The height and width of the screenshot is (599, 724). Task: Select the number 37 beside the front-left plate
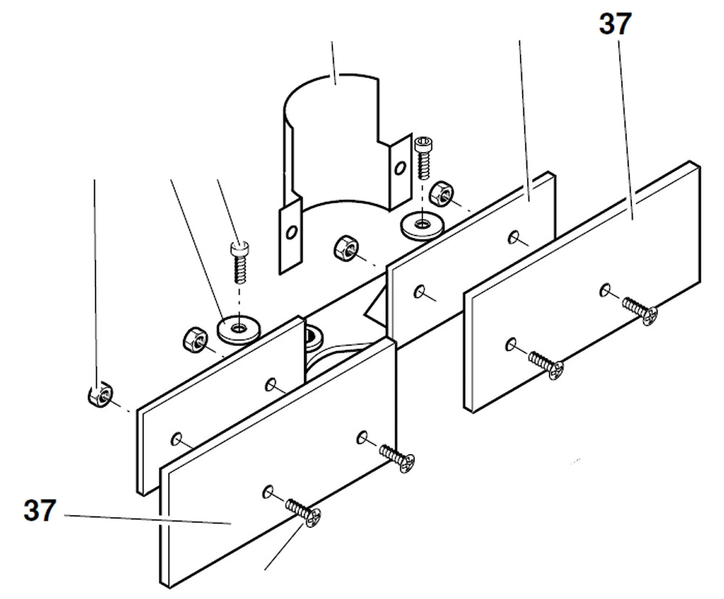point(39,511)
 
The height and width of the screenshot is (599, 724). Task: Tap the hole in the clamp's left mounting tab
point(291,233)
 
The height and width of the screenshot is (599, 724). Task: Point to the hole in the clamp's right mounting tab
point(397,169)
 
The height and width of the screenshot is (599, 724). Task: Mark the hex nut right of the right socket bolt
point(441,193)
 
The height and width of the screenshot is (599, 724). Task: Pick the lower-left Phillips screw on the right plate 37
point(547,361)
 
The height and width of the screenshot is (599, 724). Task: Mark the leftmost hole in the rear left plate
point(176,437)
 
